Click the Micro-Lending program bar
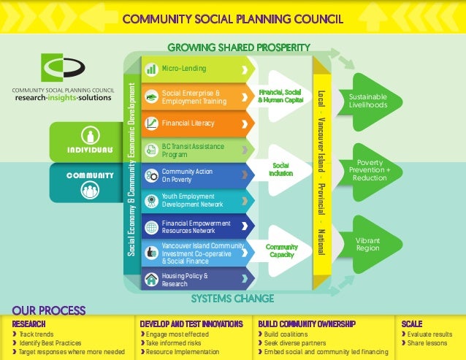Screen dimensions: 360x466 click(194, 69)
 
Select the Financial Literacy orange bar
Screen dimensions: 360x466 click(194, 123)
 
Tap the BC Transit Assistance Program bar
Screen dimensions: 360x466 click(194, 150)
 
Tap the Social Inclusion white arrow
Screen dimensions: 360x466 click(281, 169)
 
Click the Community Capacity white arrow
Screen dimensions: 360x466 click(281, 250)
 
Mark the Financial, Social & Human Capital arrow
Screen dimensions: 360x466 click(281, 96)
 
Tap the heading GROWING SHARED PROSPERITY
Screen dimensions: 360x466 click(239, 47)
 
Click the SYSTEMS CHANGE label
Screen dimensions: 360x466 click(232, 298)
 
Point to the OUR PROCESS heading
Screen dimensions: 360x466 click(49, 310)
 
